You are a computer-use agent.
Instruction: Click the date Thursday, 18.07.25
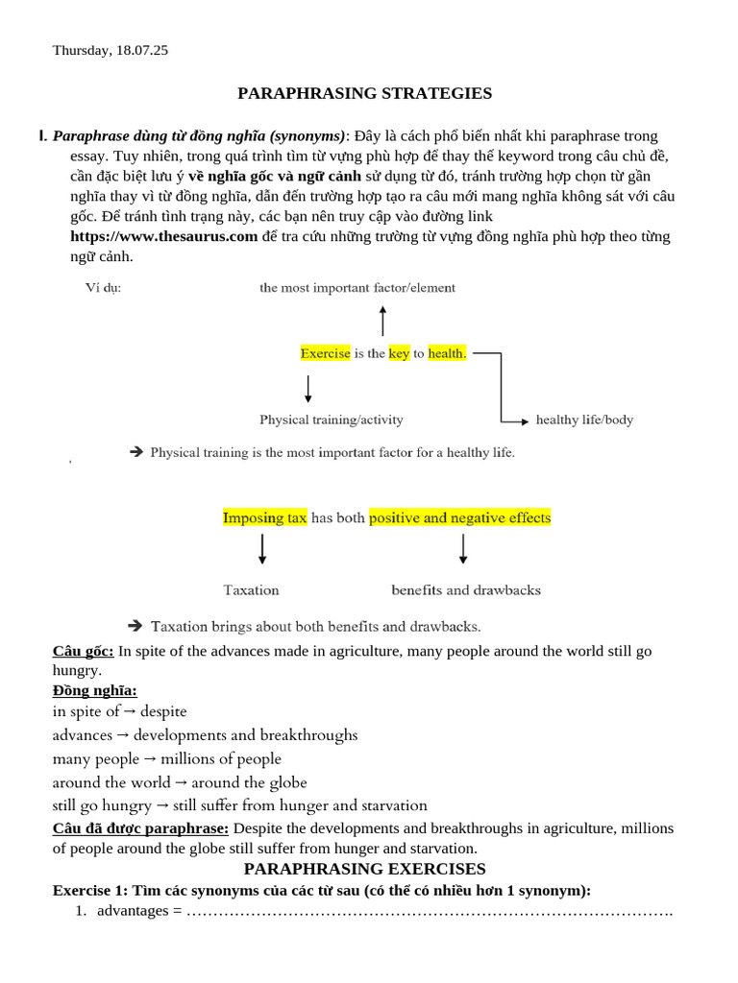[111, 50]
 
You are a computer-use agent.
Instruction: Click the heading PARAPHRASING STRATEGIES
[365, 93]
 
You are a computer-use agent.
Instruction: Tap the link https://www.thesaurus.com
[164, 236]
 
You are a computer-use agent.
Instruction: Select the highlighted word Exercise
[326, 353]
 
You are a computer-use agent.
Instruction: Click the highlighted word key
[399, 353]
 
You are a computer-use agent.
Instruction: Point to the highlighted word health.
[447, 353]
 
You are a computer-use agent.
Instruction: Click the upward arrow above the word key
[382, 321]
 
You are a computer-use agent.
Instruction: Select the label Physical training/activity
[332, 420]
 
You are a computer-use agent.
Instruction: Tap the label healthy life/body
[584, 420]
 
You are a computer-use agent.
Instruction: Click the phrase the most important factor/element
[357, 287]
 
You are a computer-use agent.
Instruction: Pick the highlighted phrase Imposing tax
[265, 517]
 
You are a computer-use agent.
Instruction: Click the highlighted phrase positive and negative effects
[460, 517]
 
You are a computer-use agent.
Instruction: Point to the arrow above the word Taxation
[262, 549]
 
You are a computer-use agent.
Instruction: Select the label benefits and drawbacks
[466, 589]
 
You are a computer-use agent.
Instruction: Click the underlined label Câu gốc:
[83, 651]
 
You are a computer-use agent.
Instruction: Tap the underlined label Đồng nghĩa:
[94, 690]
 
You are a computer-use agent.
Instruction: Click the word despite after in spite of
[163, 711]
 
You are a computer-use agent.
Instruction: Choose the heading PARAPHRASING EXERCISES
[365, 869]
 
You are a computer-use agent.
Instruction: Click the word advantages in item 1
[133, 910]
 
